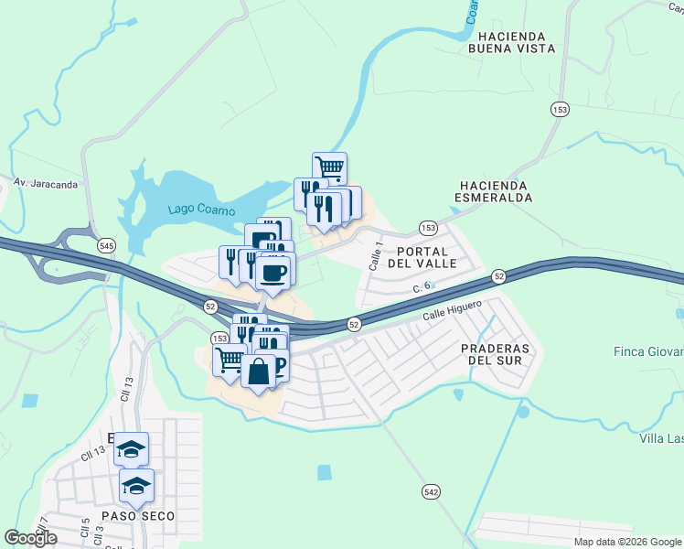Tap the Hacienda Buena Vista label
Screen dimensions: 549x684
512,41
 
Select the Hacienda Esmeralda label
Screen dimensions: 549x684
495,191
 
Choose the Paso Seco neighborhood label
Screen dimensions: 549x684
137,516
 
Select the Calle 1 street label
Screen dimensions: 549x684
375,255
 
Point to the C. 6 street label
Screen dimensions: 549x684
422,287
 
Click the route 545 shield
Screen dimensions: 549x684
107,246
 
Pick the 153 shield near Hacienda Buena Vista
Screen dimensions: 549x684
560,110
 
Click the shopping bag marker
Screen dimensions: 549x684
259,371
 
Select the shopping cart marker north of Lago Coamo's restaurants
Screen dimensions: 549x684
329,168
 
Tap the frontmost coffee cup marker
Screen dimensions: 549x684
273,271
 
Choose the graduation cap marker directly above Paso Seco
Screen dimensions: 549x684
136,485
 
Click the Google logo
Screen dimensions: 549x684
31,538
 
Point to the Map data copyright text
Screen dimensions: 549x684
627,542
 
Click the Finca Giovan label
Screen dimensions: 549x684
650,352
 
